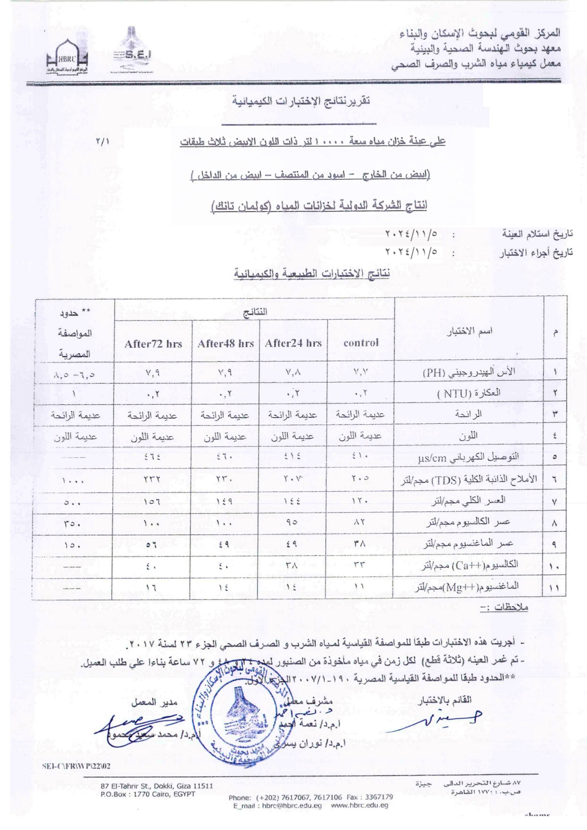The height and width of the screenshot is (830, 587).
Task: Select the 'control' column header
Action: coord(361,342)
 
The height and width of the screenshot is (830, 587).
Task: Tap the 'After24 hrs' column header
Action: coord(293,343)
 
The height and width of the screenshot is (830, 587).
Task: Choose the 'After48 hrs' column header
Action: coord(226,343)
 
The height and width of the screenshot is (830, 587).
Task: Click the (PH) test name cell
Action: coord(468,372)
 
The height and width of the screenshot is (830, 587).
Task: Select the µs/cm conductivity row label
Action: coord(468,457)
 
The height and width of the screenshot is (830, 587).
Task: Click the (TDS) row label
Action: coord(468,479)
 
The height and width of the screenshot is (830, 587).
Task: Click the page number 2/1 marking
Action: coord(102,141)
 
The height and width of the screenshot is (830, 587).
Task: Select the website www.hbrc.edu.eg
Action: coord(359,805)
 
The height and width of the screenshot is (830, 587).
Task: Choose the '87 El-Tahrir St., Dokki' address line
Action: coord(157,786)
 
